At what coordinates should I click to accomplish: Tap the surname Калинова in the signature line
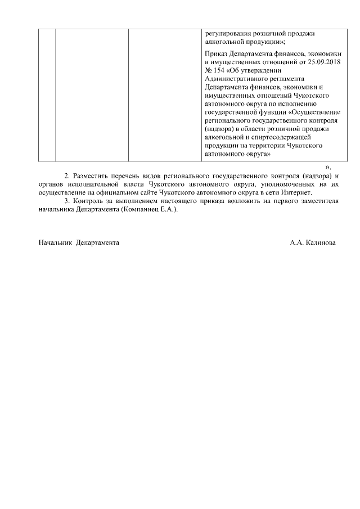pos(321,242)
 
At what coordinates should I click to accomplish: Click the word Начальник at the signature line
pos(55,242)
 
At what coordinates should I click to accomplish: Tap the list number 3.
pos(67,200)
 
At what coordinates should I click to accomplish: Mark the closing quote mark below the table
pos(328,166)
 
